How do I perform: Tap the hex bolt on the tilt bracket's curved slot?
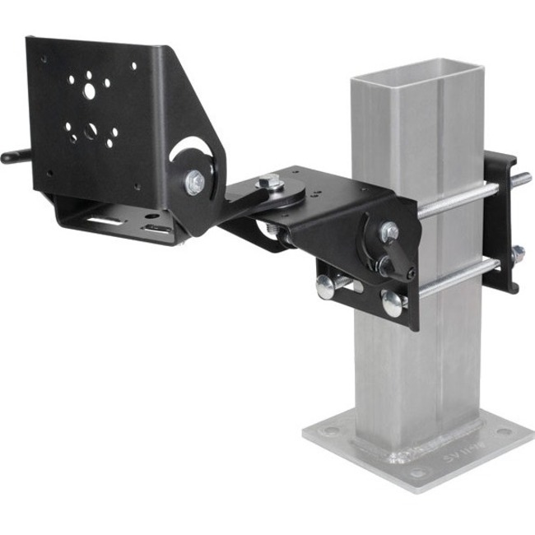(x=195, y=182)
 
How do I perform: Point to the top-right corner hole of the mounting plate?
(x=133, y=66)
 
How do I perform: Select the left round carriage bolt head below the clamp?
(x=325, y=287)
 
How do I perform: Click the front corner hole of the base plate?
(x=417, y=472)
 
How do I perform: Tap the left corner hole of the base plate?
(x=329, y=429)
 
